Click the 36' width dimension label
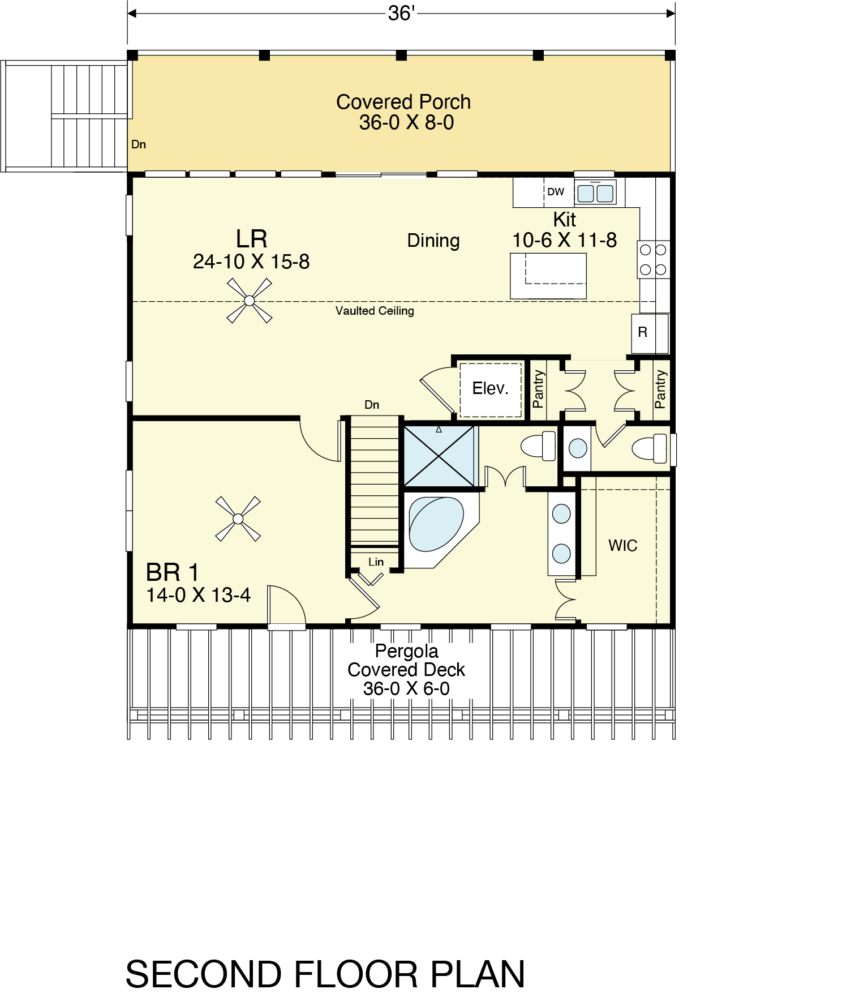[401, 13]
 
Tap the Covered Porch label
[403, 102]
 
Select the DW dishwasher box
[556, 192]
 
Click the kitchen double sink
[595, 192]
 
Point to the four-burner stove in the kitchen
[654, 259]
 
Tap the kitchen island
[548, 276]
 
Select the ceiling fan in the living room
[249, 301]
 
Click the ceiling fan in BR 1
[238, 519]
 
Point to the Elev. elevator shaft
[491, 389]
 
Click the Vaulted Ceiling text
[375, 311]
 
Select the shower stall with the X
[439, 456]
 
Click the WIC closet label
[622, 546]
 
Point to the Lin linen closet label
[376, 562]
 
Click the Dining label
[433, 241]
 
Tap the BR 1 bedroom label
[172, 572]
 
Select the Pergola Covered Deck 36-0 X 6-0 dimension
[406, 689]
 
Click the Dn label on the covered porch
[139, 144]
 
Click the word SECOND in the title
[204, 974]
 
